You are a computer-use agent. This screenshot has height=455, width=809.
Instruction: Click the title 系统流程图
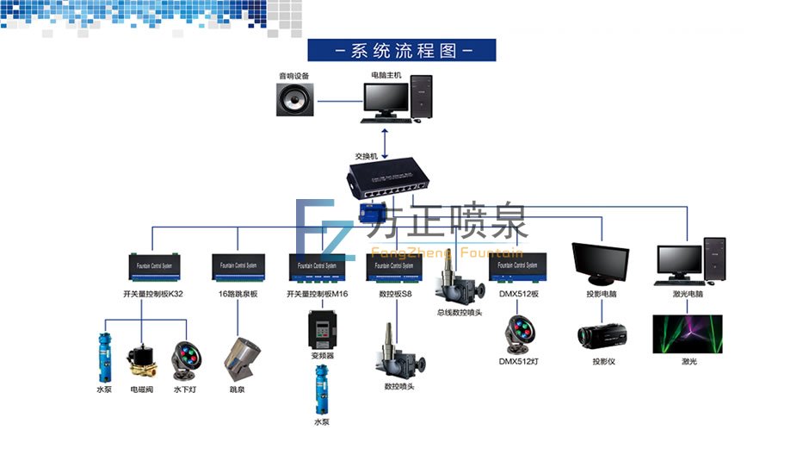tap(402, 50)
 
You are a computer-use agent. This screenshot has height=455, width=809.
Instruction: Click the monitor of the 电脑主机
tap(385, 100)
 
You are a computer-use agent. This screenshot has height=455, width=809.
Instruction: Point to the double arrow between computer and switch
tap(385, 137)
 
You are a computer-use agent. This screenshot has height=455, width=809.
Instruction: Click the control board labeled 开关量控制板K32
tap(152, 267)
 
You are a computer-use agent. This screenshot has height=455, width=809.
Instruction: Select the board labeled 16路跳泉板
tap(236, 267)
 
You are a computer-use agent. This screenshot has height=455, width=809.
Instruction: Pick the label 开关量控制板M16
tap(317, 294)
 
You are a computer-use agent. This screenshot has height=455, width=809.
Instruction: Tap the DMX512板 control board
tap(519, 267)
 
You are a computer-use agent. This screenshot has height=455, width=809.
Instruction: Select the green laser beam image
tap(689, 334)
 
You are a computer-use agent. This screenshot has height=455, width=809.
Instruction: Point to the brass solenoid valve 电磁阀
tap(142, 361)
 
